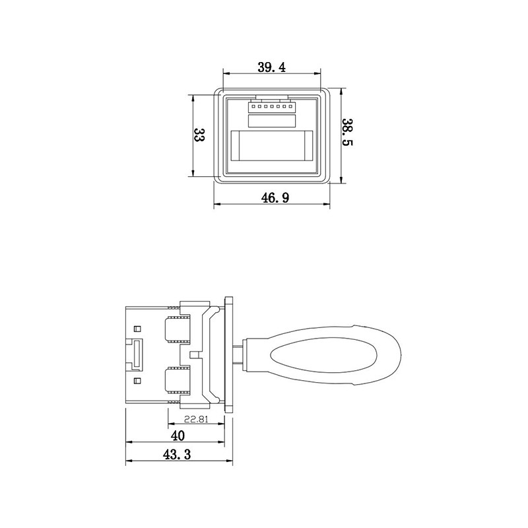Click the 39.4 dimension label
pos(272,67)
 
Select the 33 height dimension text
pos(199,136)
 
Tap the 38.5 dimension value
pos(347,132)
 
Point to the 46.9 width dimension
pos(275,197)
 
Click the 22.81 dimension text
pos(196,419)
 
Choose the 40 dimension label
pos(178,436)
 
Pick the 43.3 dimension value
pos(177,455)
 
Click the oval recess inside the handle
pos(323,357)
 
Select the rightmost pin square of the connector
pos(290,107)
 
